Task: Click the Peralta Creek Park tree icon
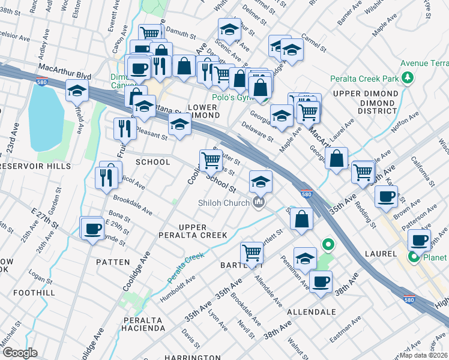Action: click(408, 78)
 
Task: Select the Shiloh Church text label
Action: click(224, 203)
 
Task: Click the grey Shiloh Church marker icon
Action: click(259, 203)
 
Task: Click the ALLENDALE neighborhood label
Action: click(311, 313)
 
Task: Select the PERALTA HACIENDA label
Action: click(136, 324)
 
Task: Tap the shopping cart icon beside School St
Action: click(211, 160)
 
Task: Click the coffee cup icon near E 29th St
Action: click(92, 229)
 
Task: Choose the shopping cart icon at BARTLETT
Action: click(252, 252)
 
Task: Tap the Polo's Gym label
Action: click(231, 97)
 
